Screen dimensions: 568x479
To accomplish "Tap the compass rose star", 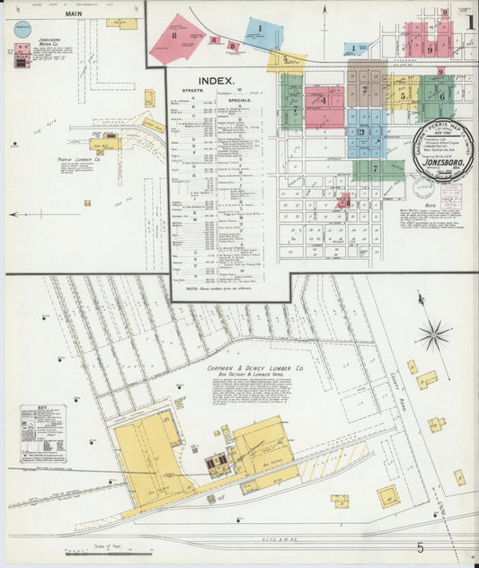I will tap(434, 335).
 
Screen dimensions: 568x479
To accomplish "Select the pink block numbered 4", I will tap(324, 102).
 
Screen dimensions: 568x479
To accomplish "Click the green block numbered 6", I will tap(439, 95).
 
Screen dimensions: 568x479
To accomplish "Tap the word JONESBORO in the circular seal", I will tap(441, 164).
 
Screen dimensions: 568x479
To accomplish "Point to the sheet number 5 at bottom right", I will tap(420, 546).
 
